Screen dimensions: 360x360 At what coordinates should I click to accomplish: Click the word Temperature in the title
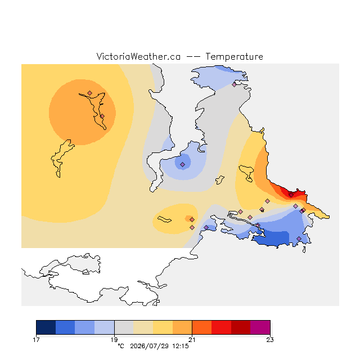point(234,56)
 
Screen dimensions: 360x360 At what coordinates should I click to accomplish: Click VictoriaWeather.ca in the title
point(138,56)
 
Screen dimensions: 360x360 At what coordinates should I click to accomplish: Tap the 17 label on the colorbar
point(36,340)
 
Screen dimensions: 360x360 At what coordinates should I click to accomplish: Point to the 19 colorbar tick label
point(114,340)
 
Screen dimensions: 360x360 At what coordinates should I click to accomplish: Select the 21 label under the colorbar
point(192,340)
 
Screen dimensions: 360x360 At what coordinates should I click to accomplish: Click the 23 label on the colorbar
point(270,340)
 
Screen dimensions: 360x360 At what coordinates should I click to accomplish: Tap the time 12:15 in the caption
point(181,346)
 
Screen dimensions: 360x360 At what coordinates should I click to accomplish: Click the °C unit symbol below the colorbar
point(121,346)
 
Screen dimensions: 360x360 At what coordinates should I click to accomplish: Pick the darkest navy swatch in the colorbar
point(46,327)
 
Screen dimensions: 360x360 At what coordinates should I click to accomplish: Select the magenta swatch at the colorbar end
point(260,327)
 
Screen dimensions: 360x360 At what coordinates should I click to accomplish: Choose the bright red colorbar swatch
point(221,327)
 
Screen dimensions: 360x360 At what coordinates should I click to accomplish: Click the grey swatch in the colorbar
point(124,327)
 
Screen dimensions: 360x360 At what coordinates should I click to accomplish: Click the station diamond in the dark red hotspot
point(291,195)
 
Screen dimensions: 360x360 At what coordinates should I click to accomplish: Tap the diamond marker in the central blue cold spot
point(182,164)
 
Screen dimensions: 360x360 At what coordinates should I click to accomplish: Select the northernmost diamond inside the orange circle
point(90,93)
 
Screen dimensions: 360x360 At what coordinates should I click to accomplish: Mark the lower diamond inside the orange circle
point(102,116)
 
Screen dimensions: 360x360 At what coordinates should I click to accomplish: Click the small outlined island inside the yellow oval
point(164,219)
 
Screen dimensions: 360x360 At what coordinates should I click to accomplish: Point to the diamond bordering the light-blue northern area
point(234,84)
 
